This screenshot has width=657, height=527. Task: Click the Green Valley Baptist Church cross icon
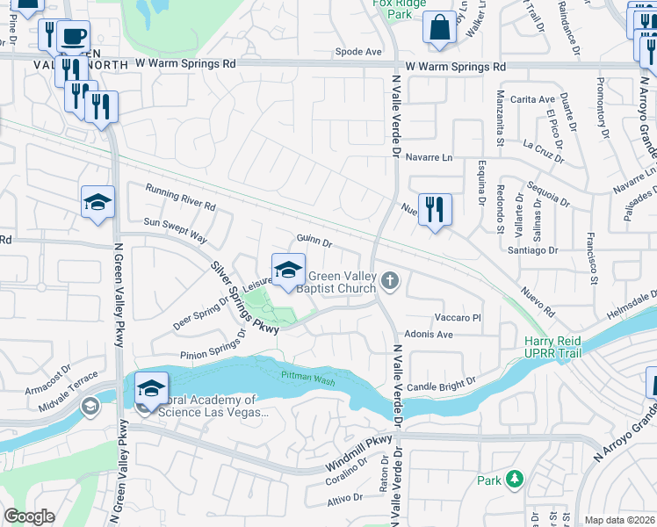pyautogui.click(x=390, y=281)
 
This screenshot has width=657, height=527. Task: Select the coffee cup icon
pyautogui.click(x=73, y=37)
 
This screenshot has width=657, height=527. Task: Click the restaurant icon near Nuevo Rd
pyautogui.click(x=435, y=209)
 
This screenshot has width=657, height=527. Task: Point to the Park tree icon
pyautogui.click(x=514, y=480)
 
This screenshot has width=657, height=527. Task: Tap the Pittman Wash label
pyautogui.click(x=308, y=375)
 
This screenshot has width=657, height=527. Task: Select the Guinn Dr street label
pyautogui.click(x=314, y=241)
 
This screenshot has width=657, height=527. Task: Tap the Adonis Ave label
pyautogui.click(x=428, y=335)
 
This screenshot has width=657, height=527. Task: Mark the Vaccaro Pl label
pyautogui.click(x=458, y=317)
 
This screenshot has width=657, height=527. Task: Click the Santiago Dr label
pyautogui.click(x=533, y=250)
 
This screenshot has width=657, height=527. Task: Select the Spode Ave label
pyautogui.click(x=358, y=52)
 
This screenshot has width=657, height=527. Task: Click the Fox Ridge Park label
pyautogui.click(x=392, y=10)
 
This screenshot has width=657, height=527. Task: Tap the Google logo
pyautogui.click(x=29, y=517)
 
